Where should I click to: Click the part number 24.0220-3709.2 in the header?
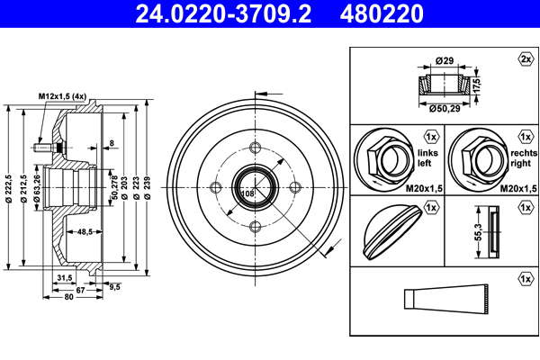(223, 13)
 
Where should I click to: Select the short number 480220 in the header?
(382, 13)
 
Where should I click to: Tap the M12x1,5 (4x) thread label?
(62, 97)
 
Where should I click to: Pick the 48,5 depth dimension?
(85, 232)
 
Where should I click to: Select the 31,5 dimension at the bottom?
(65, 278)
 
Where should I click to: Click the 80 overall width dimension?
(69, 297)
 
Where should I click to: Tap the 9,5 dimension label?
(114, 286)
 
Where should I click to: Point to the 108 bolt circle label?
(247, 193)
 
